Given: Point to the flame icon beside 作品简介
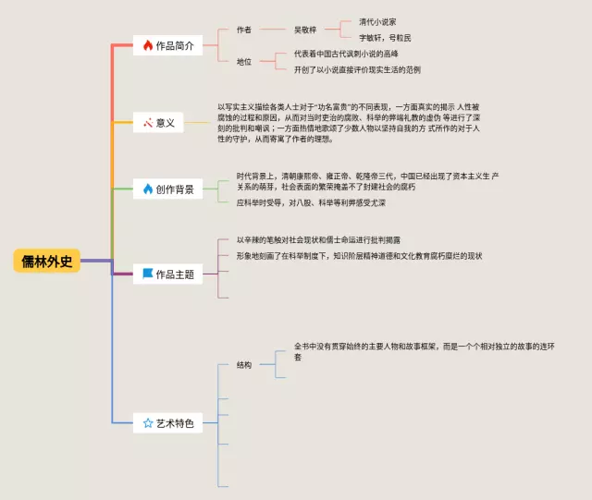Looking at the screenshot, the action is pos(147,45).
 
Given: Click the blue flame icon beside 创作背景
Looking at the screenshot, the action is pos(147,189).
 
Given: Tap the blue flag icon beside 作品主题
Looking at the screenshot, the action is pos(147,274).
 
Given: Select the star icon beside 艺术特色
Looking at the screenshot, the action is pos(147,423).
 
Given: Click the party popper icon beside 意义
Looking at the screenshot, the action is pos(147,122).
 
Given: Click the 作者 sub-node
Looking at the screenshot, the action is pos(244,30).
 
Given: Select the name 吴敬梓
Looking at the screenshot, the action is pos(305,30).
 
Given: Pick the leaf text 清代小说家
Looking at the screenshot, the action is pos(378,21).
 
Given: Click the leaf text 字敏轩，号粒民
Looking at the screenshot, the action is pos(386,38).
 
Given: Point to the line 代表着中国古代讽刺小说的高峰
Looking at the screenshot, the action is pos(347,54).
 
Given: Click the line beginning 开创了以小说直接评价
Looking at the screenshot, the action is pos(357,69).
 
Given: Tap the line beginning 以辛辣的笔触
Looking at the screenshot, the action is pos(318,239).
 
